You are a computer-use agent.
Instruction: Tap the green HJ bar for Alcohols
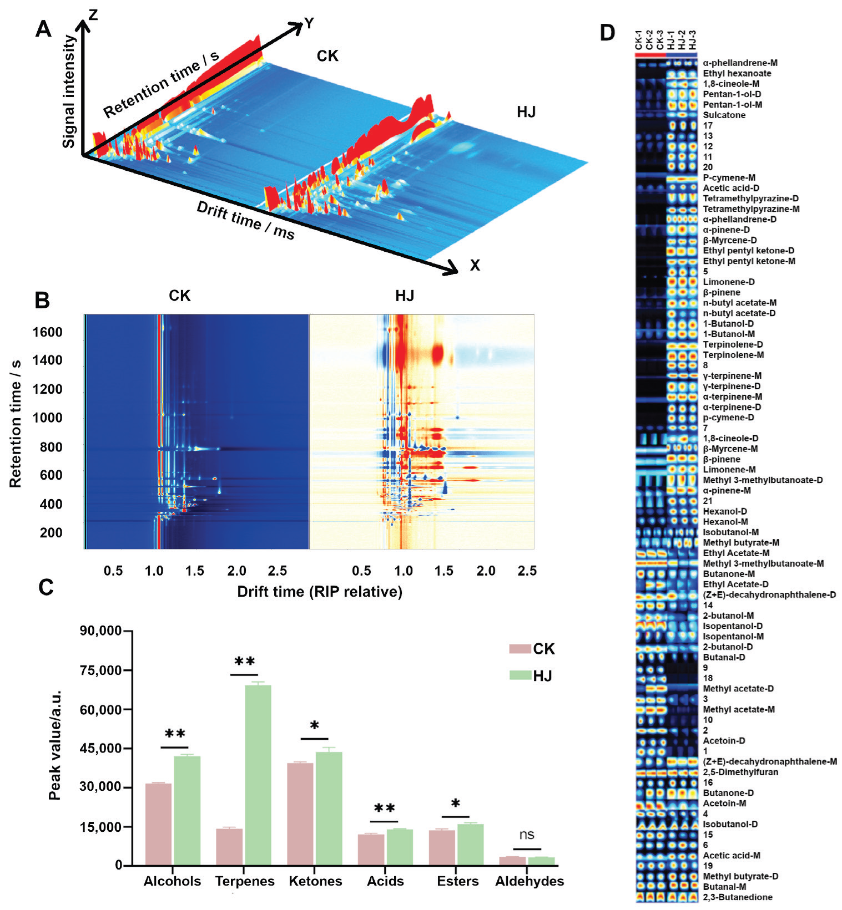(x=187, y=810)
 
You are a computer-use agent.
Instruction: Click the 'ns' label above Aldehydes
(x=526, y=835)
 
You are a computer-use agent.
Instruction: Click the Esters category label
(x=457, y=881)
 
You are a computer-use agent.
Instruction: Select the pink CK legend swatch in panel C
(x=520, y=649)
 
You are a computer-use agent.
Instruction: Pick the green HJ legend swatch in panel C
(x=520, y=675)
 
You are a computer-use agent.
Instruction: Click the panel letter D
(x=608, y=33)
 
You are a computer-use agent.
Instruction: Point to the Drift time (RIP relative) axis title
(x=319, y=592)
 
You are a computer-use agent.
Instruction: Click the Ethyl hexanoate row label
(x=737, y=73)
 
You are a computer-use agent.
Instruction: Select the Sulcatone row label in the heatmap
(x=724, y=115)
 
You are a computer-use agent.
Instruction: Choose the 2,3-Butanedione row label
(x=737, y=897)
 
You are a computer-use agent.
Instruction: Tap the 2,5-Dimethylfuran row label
(x=740, y=772)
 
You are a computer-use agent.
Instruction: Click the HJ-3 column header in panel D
(x=692, y=40)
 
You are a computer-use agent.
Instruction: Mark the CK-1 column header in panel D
(x=639, y=40)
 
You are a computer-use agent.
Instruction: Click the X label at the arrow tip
(x=475, y=266)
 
